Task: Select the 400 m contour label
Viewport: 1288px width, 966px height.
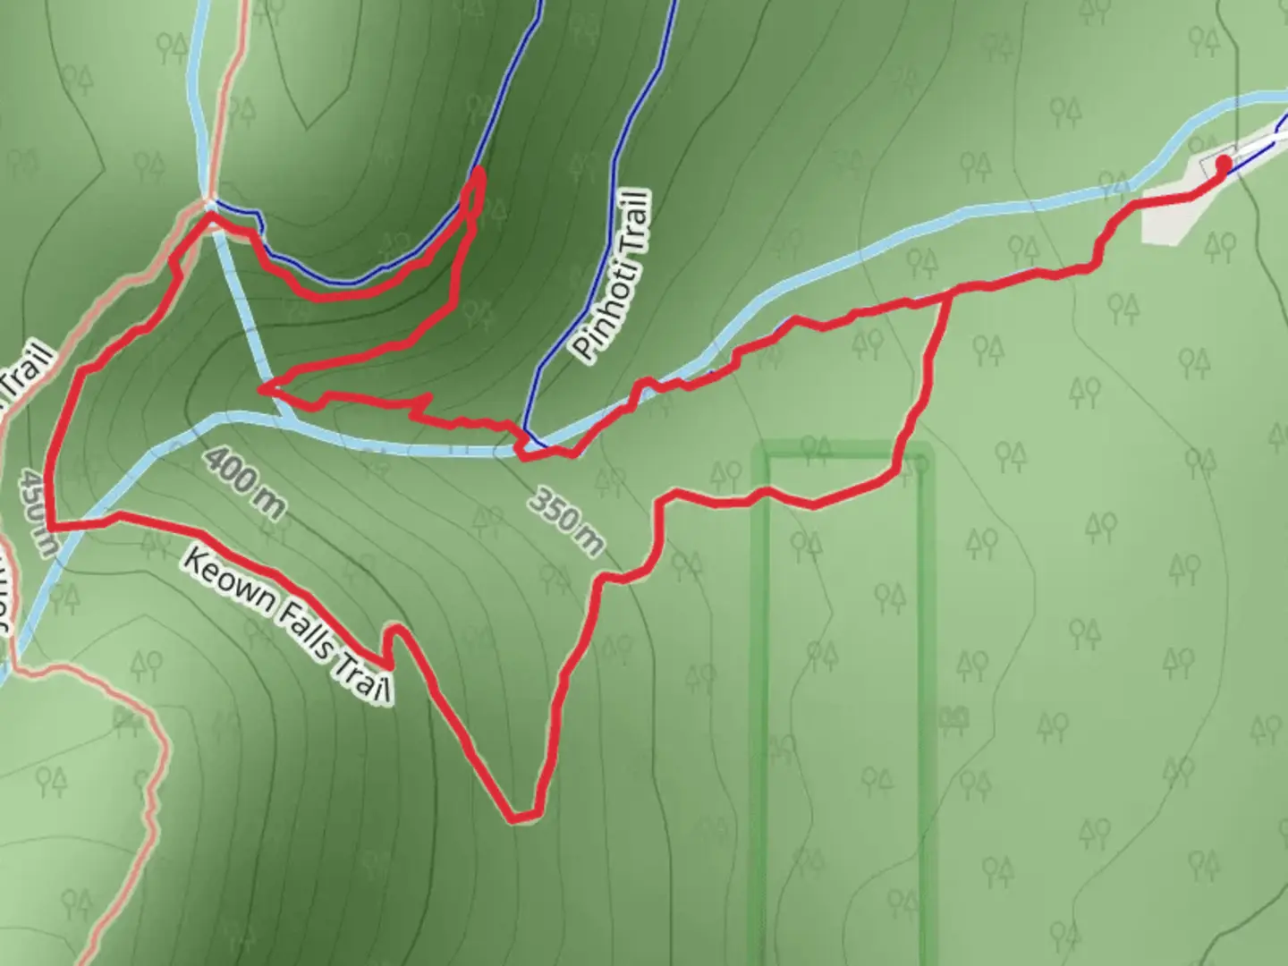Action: [x=244, y=484]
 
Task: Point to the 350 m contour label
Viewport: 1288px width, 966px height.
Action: [x=565, y=521]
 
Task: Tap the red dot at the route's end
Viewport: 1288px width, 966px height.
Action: [x=1222, y=162]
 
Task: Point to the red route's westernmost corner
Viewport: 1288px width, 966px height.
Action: [x=49, y=525]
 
